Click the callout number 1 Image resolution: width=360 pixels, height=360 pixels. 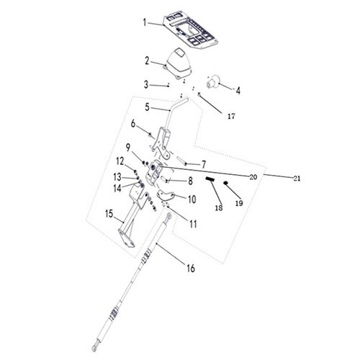tap(145, 22)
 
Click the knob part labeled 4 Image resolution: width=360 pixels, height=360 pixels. tap(213, 81)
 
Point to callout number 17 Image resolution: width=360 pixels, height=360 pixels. tap(231, 117)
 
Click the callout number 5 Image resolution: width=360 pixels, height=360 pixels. tap(147, 107)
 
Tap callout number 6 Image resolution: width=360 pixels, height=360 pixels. tap(133, 124)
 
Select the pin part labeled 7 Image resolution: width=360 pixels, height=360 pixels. tap(182, 161)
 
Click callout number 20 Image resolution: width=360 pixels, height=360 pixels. tap(253, 177)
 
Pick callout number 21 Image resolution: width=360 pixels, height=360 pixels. tap(297, 179)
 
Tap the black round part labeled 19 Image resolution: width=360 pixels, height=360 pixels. tap(225, 183)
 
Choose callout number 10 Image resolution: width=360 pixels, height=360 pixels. tap(192, 199)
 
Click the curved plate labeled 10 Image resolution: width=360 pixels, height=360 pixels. tap(166, 195)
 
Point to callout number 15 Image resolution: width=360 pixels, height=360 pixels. tap(109, 214)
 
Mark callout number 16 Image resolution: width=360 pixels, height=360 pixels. tap(191, 269)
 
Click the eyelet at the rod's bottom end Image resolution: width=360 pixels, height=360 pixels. tap(94, 348)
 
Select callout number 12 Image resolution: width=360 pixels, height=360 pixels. tap(120, 161)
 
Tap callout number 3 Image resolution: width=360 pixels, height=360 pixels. tap(146, 84)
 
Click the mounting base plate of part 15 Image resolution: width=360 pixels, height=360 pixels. tap(126, 238)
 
